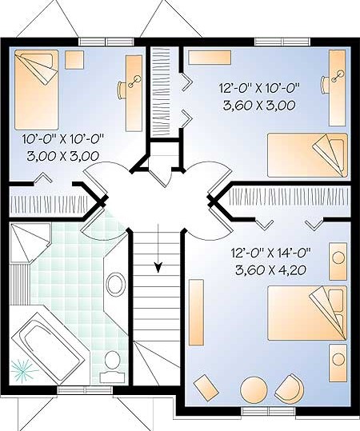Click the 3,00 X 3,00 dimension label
click(x=63, y=156)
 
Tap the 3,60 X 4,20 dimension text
click(x=270, y=270)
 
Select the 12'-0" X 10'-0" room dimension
click(x=259, y=89)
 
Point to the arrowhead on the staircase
click(x=158, y=267)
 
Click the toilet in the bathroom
click(x=113, y=366)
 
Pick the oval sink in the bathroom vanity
click(x=116, y=284)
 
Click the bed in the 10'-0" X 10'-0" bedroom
click(x=37, y=90)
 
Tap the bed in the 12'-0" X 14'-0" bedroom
click(x=307, y=313)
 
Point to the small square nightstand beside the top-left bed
click(x=74, y=60)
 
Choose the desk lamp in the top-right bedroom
click(x=338, y=76)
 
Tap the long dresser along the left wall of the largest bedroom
click(x=196, y=313)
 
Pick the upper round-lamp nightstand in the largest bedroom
click(x=338, y=257)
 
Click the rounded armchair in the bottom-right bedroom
click(x=290, y=387)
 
